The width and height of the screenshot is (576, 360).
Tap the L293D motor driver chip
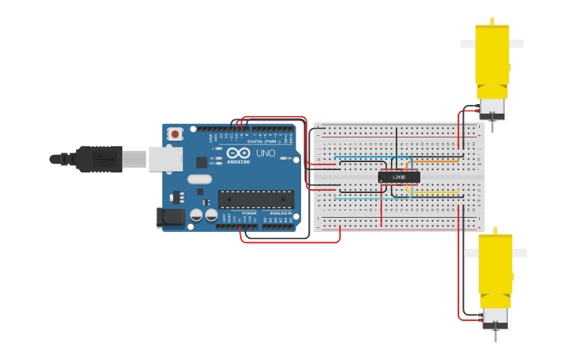pyautogui.click(x=399, y=176)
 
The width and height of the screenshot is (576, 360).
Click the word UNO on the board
pyautogui.click(x=265, y=153)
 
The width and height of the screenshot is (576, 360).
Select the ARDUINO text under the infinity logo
pyautogui.click(x=238, y=161)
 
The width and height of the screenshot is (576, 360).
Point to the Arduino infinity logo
pyautogui.click(x=238, y=153)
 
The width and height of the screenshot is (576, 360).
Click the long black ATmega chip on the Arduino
pyautogui.click(x=256, y=199)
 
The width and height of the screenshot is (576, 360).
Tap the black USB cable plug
pyautogui.click(x=99, y=159)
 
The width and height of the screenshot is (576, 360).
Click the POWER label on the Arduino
pyautogui.click(x=249, y=213)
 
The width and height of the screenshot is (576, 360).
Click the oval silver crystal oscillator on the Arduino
pyautogui.click(x=199, y=179)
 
